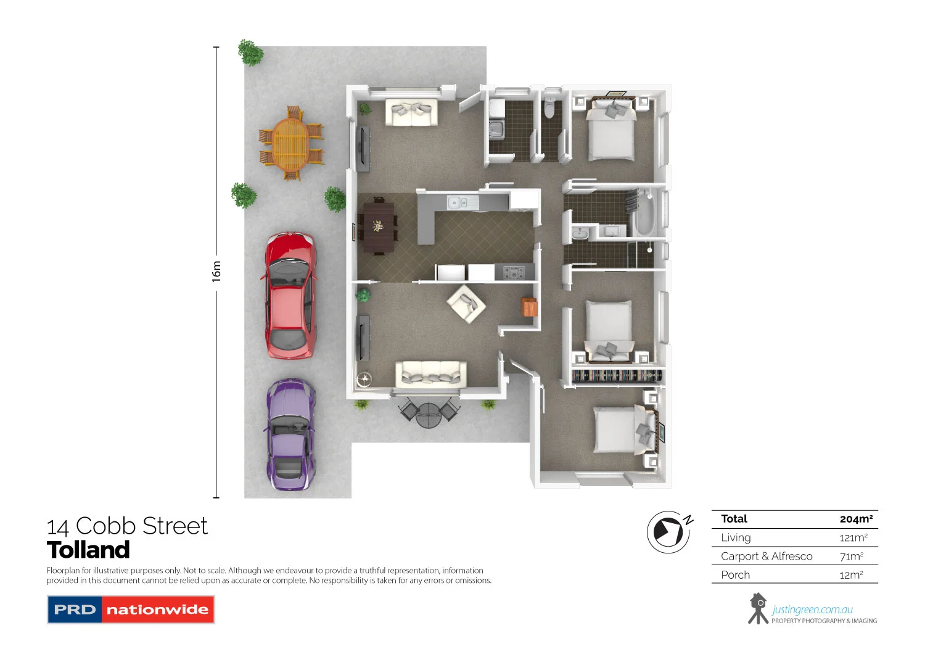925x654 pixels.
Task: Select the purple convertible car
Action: [290, 435]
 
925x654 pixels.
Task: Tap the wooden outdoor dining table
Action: [290, 145]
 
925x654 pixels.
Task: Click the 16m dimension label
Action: [216, 271]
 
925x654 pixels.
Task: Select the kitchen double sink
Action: [457, 202]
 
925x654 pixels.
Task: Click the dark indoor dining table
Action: [378, 227]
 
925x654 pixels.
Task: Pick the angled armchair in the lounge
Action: [466, 304]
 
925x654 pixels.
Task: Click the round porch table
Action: [428, 415]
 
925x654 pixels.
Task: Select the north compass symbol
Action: [668, 531]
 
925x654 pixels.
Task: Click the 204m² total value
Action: [856, 519]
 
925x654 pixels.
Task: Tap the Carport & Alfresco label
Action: [767, 557]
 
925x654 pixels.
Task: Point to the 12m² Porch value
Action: [851, 575]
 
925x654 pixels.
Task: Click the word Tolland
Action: [88, 550]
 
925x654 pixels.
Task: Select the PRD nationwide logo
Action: [131, 610]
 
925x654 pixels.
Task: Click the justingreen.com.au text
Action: [812, 610]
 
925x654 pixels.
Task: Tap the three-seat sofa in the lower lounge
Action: [431, 374]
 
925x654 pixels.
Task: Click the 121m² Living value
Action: [853, 538]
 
